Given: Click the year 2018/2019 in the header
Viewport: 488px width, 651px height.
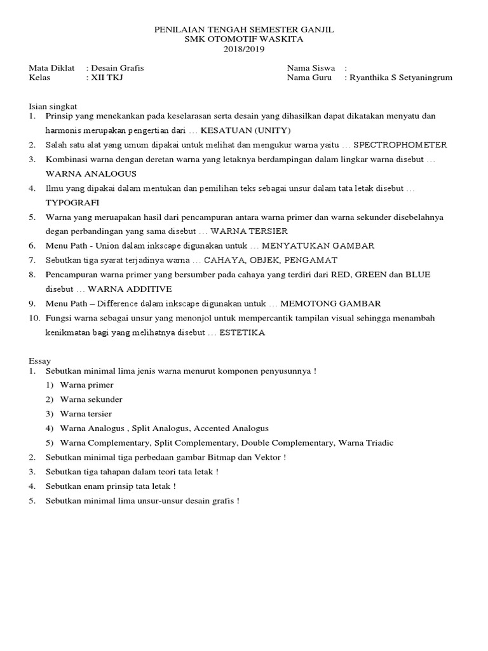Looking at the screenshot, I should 244,49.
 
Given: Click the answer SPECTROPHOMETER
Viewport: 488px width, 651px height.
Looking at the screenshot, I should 400,145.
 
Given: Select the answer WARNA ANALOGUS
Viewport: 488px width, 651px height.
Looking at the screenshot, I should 91,174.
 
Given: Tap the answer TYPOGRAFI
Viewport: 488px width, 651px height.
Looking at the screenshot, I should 72,202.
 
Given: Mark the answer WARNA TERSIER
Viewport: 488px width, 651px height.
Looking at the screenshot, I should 249,231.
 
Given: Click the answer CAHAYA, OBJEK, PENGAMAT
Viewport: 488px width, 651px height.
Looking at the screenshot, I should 271,260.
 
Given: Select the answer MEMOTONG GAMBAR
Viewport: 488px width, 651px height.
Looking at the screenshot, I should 330,304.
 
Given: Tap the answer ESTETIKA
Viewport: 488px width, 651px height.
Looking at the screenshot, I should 242,332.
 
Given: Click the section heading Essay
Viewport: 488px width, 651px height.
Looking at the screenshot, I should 40,360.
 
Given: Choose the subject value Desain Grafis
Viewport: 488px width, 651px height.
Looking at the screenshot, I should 121,67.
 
